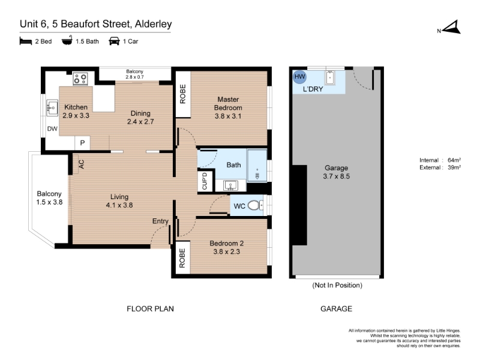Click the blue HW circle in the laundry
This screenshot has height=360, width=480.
299,77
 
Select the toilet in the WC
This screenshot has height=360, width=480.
255,205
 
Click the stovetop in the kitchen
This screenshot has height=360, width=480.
80,79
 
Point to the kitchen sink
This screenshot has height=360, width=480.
52,108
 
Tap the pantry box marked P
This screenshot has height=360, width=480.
82,143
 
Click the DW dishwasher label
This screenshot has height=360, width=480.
52,129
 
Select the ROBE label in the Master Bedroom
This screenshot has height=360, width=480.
183,94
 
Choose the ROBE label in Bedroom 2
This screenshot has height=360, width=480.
182,258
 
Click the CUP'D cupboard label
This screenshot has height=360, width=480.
205,181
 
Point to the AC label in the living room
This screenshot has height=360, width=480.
82,164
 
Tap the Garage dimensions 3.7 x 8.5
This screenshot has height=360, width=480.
336,176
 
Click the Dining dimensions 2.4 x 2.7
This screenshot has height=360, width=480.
140,122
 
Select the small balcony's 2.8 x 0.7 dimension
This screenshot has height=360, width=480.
134,77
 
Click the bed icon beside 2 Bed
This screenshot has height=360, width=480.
26,41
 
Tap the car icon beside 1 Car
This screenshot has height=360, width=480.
114,41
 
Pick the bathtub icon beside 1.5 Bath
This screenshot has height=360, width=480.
67,40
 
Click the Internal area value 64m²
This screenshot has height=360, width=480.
454,160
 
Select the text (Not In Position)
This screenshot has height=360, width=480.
337,286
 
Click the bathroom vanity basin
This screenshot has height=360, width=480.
230,185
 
